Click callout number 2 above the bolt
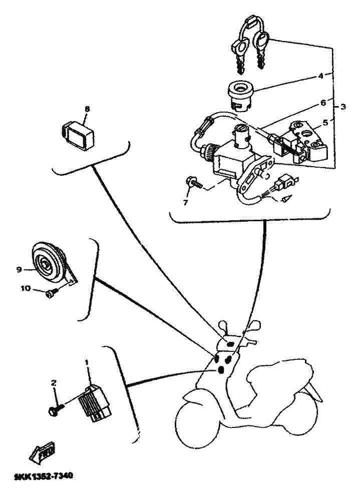tap(54, 382)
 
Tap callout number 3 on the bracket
tap(343, 107)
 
